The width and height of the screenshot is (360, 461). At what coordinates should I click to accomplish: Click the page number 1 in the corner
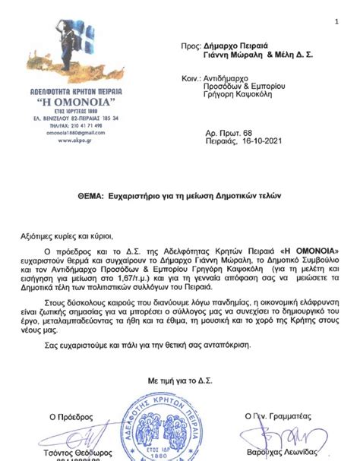pos(335,21)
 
